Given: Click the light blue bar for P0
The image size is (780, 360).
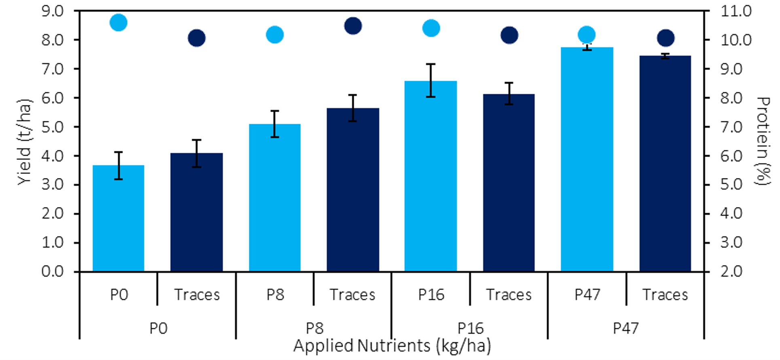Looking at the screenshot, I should pyautogui.click(x=118, y=218).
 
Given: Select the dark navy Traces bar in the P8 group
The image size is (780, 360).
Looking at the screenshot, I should pyautogui.click(x=353, y=190).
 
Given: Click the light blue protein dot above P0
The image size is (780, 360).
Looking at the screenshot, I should pyautogui.click(x=118, y=23).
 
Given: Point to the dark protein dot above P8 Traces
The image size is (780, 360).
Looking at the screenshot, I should pyautogui.click(x=353, y=26).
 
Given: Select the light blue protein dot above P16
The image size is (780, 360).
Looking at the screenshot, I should pyautogui.click(x=431, y=28).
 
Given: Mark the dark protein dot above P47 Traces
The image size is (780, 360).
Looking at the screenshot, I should pyautogui.click(x=666, y=38).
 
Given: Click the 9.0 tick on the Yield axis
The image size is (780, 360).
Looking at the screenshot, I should pyautogui.click(x=53, y=11).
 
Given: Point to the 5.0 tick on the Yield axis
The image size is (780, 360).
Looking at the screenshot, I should pyautogui.click(x=53, y=127).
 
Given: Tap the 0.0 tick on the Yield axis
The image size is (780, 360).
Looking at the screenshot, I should pyautogui.click(x=53, y=271).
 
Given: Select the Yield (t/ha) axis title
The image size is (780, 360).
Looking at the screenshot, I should pyautogui.click(x=24, y=142).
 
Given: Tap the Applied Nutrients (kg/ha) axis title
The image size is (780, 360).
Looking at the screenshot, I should pyautogui.click(x=392, y=346).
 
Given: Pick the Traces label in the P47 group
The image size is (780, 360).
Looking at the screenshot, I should pyautogui.click(x=665, y=295).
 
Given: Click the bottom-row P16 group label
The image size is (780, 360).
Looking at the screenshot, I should pyautogui.click(x=470, y=328).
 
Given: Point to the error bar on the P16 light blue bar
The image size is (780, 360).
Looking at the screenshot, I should pyautogui.click(x=431, y=80).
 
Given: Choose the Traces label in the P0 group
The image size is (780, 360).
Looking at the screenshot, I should pyautogui.click(x=197, y=295).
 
